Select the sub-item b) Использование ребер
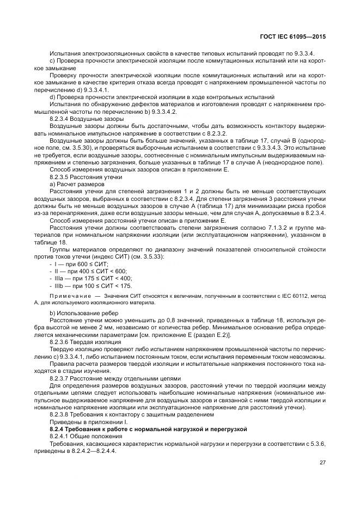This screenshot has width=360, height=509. pyautogui.click(x=81, y=315)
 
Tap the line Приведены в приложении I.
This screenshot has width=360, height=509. pyautogui.click(x=87, y=421)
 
